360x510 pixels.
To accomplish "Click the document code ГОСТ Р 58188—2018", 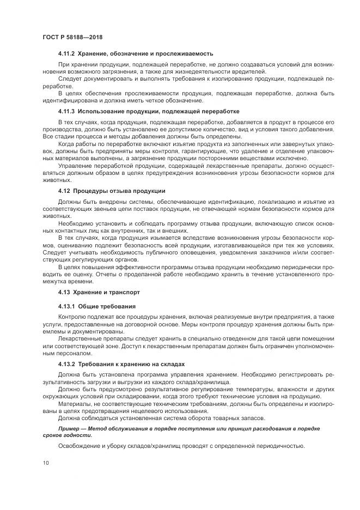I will pos(72,37).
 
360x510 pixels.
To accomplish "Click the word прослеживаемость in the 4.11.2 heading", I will pos(185,54).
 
